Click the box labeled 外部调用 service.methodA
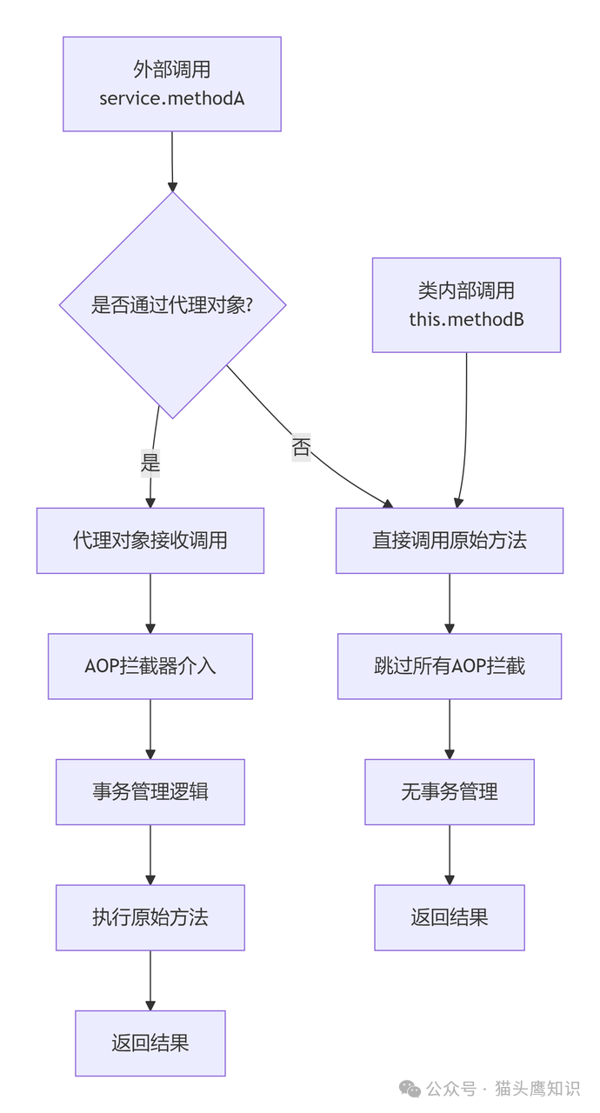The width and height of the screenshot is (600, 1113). point(171,84)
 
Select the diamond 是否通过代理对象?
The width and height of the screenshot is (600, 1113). point(172,305)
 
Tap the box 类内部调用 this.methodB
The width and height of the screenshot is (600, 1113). point(466,305)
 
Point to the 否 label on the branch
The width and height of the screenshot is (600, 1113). point(301,448)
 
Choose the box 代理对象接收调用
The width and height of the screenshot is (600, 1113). point(150,541)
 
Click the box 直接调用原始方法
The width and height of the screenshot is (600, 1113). point(450,541)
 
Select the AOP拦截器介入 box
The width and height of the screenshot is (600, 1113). point(150,666)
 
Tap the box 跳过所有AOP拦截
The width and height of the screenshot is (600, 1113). point(450,666)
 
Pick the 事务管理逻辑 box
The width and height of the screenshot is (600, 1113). point(150,792)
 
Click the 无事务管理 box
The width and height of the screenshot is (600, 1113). point(450,792)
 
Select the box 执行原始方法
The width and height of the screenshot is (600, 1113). point(150,917)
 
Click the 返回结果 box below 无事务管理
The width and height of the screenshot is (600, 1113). point(450,917)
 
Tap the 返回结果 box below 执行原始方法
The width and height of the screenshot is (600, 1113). point(150,1043)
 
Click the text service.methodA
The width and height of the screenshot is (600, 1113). point(171,98)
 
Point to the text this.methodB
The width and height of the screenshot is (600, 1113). point(466,319)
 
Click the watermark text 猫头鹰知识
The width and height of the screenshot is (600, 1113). point(537,1089)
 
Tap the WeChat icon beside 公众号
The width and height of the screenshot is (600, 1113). point(410,1089)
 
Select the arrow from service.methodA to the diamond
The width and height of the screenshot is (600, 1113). point(172,161)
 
